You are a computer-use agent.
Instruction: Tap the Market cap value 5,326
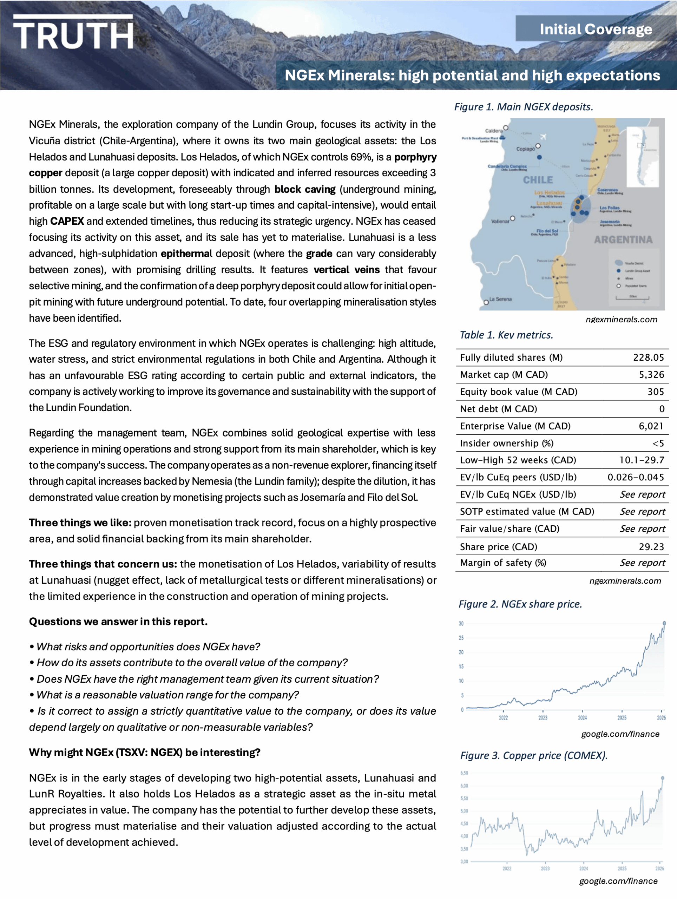pos(651,374)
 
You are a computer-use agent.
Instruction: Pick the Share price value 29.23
pos(651,547)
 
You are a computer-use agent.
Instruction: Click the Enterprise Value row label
pos(515,426)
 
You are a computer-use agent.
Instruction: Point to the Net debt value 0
pos(662,409)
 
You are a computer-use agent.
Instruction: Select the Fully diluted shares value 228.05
pos(648,357)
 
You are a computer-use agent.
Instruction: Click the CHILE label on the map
pos(538,180)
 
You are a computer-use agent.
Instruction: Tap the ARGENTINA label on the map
pos(623,239)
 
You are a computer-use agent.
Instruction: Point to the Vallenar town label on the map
pos(500,222)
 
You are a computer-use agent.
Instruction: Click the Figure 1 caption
pos(524,107)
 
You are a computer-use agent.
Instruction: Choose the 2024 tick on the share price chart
pos(582,718)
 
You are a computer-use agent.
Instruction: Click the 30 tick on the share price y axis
pos(461,623)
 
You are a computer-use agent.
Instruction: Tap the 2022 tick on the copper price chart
pos(507,868)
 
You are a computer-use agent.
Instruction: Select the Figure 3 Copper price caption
pos(533,755)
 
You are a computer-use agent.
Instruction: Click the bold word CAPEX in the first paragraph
pos(67,222)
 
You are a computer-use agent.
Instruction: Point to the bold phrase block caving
pos(305,189)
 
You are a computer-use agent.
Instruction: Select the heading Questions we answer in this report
pos(118,622)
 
